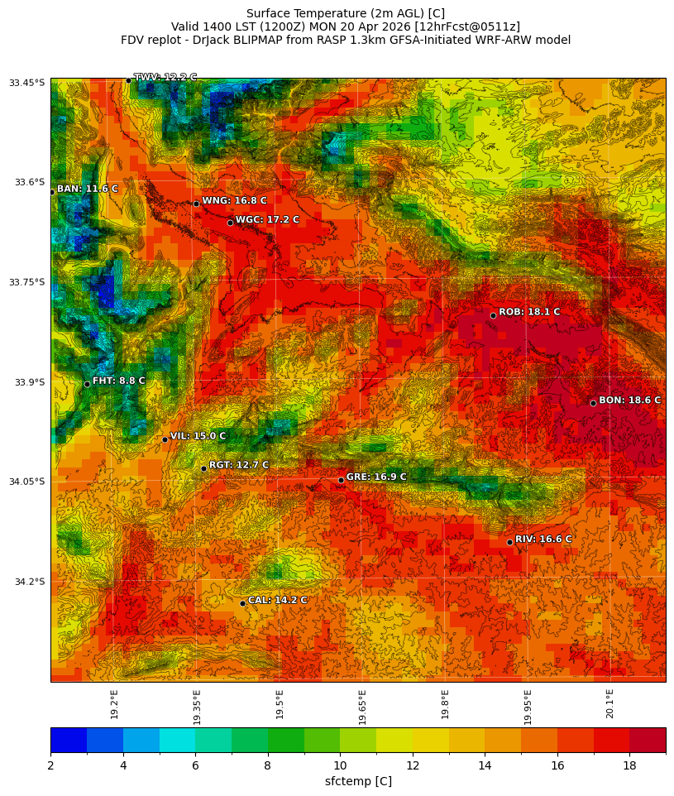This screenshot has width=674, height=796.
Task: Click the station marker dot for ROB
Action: (x=493, y=315)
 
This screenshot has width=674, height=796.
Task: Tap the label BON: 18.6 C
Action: (x=629, y=400)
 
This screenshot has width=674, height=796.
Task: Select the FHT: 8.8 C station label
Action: (x=118, y=381)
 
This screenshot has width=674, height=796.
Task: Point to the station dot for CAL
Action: (x=242, y=603)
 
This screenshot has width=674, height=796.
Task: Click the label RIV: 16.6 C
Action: (x=543, y=539)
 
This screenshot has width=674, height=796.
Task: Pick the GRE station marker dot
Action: (x=341, y=480)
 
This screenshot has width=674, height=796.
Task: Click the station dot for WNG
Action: (x=196, y=204)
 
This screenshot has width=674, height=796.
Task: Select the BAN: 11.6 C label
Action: (x=87, y=189)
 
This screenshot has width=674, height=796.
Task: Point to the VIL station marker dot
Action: (x=165, y=439)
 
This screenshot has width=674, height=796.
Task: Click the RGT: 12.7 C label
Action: (x=239, y=466)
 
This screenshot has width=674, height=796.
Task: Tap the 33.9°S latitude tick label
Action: (x=28, y=382)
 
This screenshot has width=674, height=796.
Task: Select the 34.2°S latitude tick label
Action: (x=28, y=582)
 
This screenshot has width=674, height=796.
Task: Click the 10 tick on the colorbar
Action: (x=340, y=765)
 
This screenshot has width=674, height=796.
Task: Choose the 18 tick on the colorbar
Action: (x=629, y=765)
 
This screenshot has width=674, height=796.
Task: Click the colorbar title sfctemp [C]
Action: (x=358, y=781)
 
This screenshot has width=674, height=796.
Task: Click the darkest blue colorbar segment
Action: (x=69, y=740)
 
